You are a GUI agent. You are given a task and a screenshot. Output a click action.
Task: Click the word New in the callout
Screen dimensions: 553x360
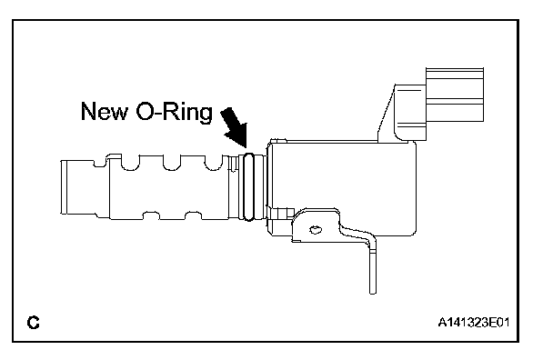point(105,111)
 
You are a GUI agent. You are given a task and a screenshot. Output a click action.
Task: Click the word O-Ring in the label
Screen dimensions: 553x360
point(175,112)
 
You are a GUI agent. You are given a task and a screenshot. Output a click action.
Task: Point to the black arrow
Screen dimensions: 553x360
point(235,127)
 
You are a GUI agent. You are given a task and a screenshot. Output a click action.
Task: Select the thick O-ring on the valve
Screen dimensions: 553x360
point(248,187)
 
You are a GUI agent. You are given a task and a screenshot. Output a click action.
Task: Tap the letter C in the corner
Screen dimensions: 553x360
point(33,322)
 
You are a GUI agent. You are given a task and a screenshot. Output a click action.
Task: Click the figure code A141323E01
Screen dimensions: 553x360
point(473,322)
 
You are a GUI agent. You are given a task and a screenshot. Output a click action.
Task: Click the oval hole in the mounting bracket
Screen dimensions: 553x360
point(316,230)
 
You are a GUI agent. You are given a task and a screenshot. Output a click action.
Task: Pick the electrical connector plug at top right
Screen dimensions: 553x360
point(455,95)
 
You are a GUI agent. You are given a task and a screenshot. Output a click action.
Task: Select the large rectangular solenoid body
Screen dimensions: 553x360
point(342,187)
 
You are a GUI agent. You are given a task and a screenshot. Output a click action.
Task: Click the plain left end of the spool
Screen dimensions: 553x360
point(78,187)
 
